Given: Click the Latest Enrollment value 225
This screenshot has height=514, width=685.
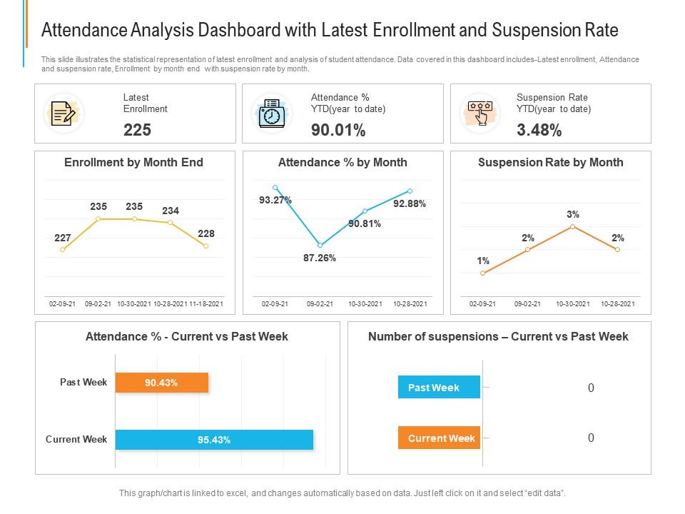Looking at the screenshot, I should pyautogui.click(x=137, y=130).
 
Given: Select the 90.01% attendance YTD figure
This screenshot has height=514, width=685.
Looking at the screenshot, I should pyautogui.click(x=338, y=130).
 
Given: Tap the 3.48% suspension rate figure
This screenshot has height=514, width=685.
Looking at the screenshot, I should pyautogui.click(x=539, y=130).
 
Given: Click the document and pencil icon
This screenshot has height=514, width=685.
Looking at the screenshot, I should pyautogui.click(x=64, y=113).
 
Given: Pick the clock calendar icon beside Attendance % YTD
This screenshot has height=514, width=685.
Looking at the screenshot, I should pyautogui.click(x=272, y=113).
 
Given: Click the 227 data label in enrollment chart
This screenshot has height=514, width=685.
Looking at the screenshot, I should pyautogui.click(x=63, y=238).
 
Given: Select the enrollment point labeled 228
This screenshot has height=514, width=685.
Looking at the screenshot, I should pyautogui.click(x=206, y=246).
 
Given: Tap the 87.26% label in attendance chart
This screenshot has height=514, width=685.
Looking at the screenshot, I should pyautogui.click(x=320, y=258).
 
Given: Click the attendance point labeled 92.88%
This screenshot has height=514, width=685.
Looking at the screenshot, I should pyautogui.click(x=410, y=191).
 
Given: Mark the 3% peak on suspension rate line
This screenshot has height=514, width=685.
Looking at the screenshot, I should pyautogui.click(x=573, y=226).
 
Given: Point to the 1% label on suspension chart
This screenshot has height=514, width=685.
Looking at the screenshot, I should pyautogui.click(x=483, y=261).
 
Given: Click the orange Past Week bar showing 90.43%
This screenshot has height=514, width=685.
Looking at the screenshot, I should pyautogui.click(x=162, y=383).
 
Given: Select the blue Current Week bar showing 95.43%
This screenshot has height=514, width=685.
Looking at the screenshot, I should pyautogui.click(x=214, y=440).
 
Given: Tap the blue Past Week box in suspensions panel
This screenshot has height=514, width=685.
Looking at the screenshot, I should pyautogui.click(x=439, y=388).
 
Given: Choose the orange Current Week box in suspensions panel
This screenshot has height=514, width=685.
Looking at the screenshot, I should pyautogui.click(x=439, y=438).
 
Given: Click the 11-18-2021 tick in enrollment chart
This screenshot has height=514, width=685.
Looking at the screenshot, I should pyautogui.click(x=206, y=304).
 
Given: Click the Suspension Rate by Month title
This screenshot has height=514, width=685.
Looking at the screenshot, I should pyautogui.click(x=550, y=162).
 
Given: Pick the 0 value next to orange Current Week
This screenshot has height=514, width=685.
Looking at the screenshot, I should pyautogui.click(x=591, y=438).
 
